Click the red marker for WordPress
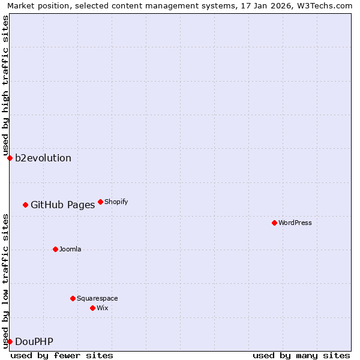(274, 223)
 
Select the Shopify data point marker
(100, 202)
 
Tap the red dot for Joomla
(55, 249)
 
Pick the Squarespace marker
(73, 298)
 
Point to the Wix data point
(92, 308)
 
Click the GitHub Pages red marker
(25, 205)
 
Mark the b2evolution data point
(10, 158)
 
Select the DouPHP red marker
(10, 341)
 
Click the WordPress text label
(295, 223)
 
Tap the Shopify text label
(116, 202)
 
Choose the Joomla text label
(70, 249)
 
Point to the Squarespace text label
(97, 298)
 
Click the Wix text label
(103, 308)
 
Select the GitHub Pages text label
(62, 205)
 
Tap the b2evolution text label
(43, 158)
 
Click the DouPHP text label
(34, 341)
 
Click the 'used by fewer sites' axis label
(62, 355)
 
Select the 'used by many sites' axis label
(301, 355)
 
